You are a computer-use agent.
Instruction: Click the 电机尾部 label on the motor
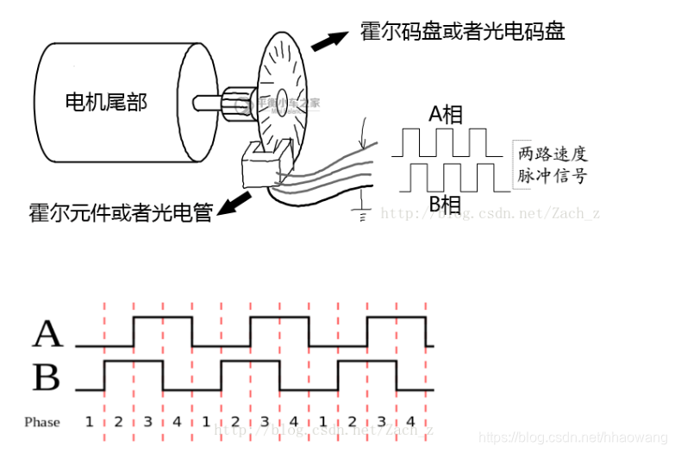pyautogui.click(x=106, y=102)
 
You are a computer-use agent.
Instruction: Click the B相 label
pyautogui.click(x=445, y=204)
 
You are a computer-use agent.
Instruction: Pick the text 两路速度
pyautogui.click(x=553, y=154)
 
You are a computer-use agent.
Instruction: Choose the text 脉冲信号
pyautogui.click(x=553, y=176)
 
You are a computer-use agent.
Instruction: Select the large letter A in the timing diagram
pyautogui.click(x=48, y=334)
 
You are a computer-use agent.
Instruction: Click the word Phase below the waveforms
pyautogui.click(x=42, y=422)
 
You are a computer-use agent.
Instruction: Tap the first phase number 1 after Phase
pyautogui.click(x=89, y=421)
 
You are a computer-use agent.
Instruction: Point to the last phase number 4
pyautogui.click(x=410, y=421)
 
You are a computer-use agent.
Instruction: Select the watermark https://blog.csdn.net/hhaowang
pyautogui.click(x=573, y=438)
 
